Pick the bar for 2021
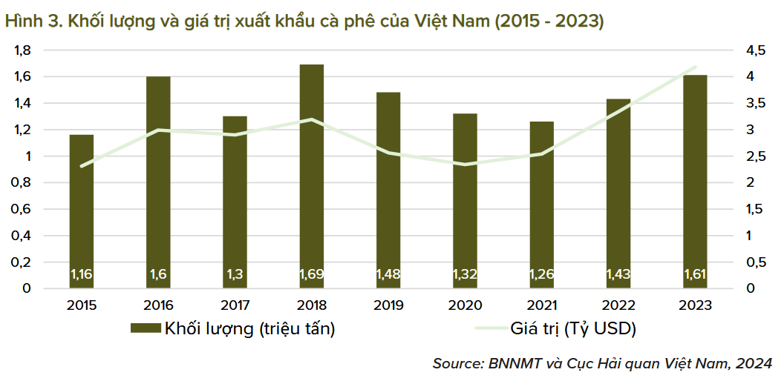542,205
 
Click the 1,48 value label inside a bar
388,275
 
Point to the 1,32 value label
465,275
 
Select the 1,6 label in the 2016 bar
158,275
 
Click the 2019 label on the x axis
388,305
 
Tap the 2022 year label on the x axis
618,305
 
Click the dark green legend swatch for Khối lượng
146,328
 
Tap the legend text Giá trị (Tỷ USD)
573,328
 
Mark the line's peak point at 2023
695,67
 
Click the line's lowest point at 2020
465,165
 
